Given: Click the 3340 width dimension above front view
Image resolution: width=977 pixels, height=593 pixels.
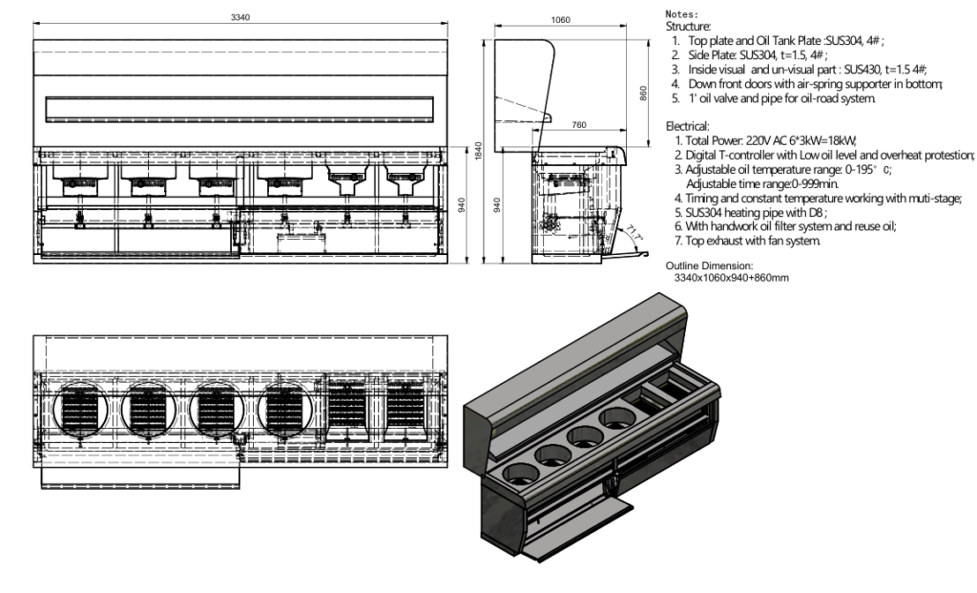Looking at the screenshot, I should tap(240, 18).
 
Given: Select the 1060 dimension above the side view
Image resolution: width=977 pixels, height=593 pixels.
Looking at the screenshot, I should tap(561, 18).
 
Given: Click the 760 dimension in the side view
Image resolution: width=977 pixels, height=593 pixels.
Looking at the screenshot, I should tap(577, 124).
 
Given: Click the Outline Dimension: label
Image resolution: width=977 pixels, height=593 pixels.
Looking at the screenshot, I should tap(709, 265).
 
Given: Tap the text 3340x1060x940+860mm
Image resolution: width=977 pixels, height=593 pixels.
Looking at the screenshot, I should tap(731, 277).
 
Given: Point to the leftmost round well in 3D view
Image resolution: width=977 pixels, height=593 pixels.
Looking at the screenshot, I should tap(516, 471).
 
